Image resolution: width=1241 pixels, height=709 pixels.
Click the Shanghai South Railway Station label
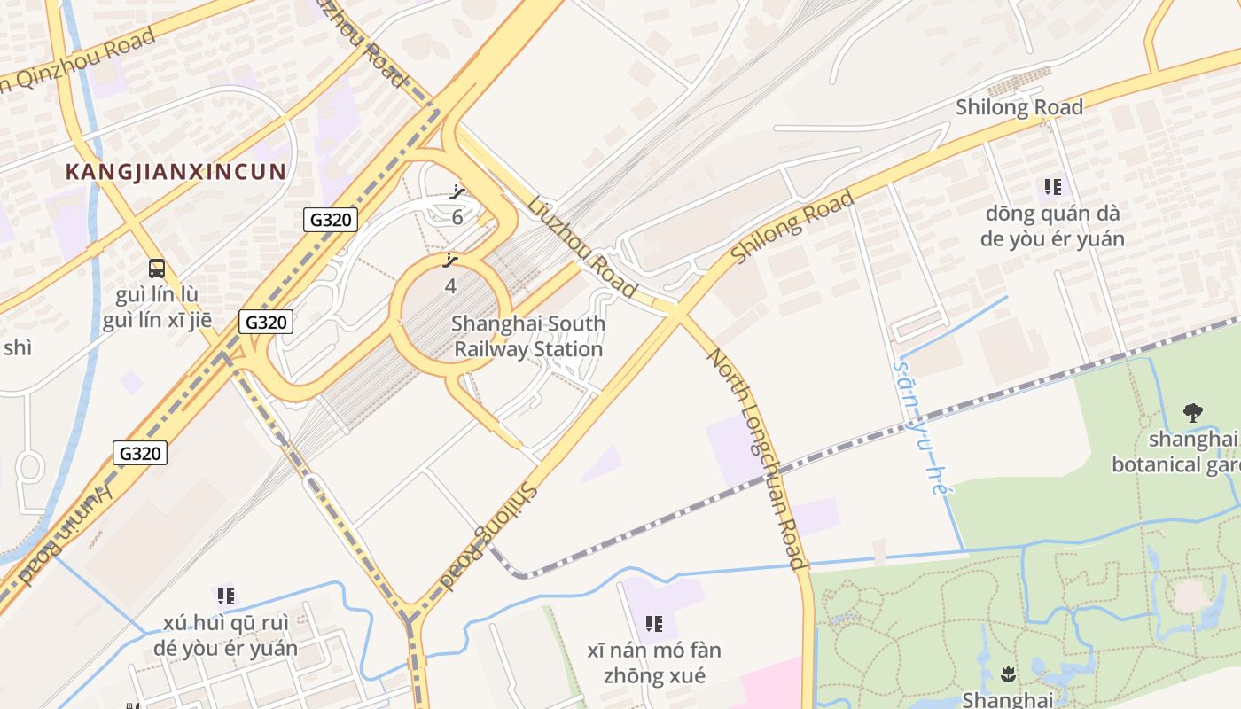528,337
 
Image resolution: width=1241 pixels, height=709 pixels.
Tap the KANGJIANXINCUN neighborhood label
176,172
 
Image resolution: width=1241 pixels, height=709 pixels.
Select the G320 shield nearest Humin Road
140,454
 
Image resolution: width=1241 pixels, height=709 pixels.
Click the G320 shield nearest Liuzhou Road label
330,220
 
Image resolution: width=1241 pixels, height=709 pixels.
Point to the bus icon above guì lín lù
157,268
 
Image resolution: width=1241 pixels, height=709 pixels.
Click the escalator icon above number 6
457,192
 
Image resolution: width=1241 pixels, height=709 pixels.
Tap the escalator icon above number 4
450,261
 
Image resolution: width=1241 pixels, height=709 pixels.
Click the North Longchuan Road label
757,458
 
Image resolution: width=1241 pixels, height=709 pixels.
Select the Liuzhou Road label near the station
581,246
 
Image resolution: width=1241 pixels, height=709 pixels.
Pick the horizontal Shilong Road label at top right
1019,107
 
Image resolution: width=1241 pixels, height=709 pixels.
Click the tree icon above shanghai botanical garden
1193,412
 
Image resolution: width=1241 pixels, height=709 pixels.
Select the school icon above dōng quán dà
1052,187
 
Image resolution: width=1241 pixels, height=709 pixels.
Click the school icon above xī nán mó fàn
654,624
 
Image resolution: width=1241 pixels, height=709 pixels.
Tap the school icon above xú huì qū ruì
225,596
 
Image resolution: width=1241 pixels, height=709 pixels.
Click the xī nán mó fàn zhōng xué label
654,663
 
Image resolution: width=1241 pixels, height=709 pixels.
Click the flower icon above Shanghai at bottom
1007,674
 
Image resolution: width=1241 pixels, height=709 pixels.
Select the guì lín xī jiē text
157,320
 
